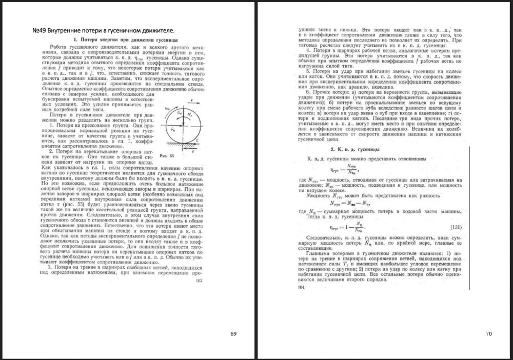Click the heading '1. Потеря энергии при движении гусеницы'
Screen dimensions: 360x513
(126, 39)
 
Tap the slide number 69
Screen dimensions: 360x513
(233, 334)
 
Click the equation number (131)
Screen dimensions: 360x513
(455, 227)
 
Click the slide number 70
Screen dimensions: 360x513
(488, 334)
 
